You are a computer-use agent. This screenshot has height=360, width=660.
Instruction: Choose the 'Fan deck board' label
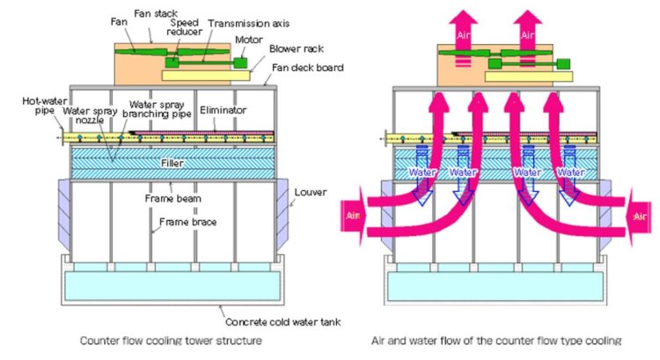(304, 69)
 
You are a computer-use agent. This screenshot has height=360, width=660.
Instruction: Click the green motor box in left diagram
(239, 62)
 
